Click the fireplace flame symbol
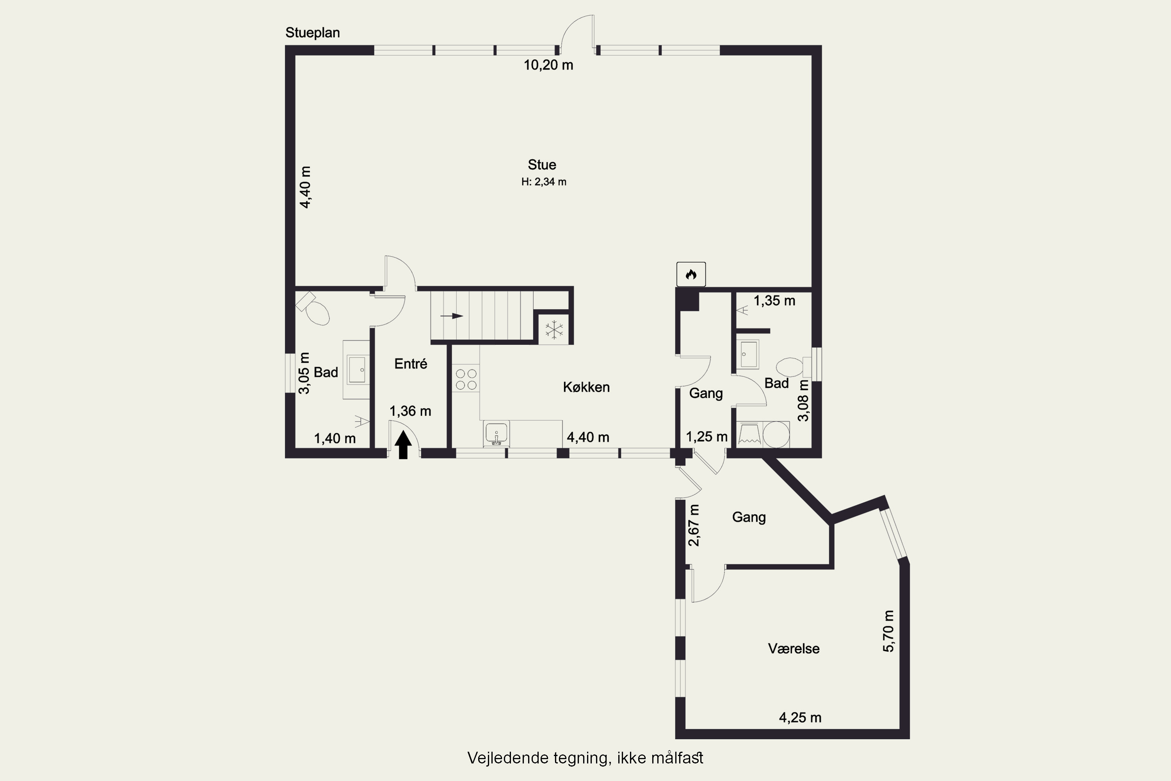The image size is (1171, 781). [690, 274]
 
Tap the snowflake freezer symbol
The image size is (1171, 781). [553, 330]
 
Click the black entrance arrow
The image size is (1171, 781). [403, 445]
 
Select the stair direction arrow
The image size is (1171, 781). [452, 316]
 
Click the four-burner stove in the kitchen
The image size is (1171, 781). [466, 378]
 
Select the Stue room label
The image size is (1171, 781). [542, 165]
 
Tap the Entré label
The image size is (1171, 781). [411, 364]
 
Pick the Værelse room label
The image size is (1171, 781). [794, 649]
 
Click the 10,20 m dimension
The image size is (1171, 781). [548, 65]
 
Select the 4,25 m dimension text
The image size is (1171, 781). [800, 718]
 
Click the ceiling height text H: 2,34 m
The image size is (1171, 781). [544, 182]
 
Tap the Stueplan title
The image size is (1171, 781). [313, 33]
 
